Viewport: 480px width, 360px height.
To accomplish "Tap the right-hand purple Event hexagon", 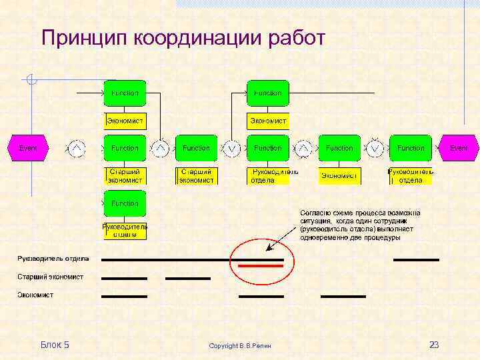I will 459,148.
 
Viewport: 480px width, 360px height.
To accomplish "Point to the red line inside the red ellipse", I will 261,266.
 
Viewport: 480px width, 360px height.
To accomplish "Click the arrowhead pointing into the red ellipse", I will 268,249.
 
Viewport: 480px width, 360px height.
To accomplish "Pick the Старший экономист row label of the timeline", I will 51,277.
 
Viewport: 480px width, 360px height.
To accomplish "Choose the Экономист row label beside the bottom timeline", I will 35,295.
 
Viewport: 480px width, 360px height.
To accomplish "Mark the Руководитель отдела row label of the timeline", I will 53,259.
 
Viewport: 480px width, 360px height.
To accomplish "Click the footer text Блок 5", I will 55,345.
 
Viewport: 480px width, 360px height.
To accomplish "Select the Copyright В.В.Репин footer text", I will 240,346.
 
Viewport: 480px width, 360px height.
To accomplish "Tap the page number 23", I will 434,345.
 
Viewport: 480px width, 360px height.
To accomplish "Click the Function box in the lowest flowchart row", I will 125,203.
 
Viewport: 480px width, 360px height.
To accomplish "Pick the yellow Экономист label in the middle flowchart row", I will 339,176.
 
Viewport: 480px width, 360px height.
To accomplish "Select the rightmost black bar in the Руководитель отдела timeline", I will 416,259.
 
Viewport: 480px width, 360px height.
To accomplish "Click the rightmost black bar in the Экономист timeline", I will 343,296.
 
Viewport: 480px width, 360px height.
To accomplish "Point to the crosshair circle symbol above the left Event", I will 31,81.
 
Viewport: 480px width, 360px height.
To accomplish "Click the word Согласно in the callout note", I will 315,213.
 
